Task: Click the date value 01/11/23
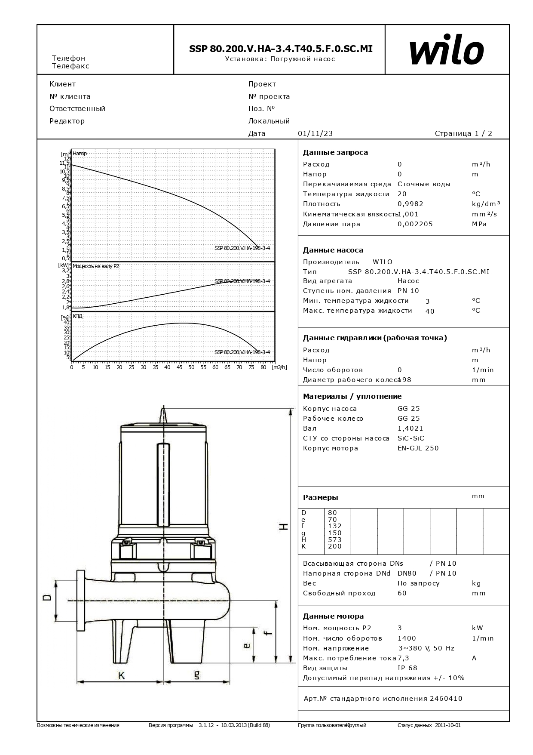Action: [315, 133]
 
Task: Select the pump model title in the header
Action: [281, 49]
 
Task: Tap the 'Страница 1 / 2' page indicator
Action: [463, 133]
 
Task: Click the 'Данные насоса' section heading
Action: [333, 250]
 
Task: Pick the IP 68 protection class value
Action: [407, 668]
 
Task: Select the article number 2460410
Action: [447, 699]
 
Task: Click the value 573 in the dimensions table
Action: [334, 539]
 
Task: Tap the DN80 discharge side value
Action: [407, 573]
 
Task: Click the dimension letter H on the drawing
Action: [284, 527]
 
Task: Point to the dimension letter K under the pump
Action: [122, 676]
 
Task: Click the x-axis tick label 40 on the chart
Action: [167, 367]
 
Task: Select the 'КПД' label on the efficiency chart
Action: [78, 316]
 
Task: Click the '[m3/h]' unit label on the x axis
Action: [279, 367]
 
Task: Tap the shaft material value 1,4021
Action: [410, 428]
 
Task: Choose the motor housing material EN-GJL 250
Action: [418, 448]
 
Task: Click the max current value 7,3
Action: [403, 658]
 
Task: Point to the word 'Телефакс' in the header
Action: [70, 66]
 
